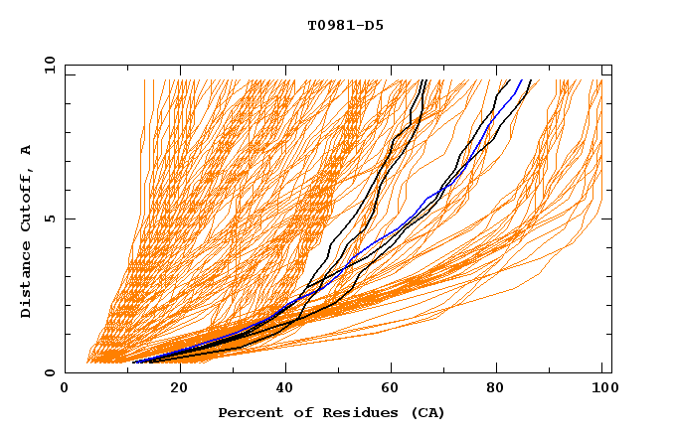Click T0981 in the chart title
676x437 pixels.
point(327,26)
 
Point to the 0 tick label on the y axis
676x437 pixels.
point(49,373)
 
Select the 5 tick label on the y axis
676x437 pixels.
point(49,218)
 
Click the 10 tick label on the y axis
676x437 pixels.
point(45,65)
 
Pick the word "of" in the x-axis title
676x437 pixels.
point(289,412)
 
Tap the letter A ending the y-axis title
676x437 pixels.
point(26,150)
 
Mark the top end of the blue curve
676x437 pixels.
point(524,80)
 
